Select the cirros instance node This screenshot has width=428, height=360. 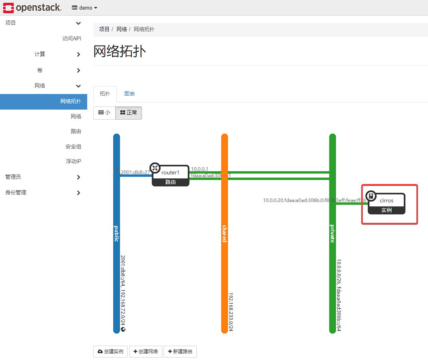point(386,204)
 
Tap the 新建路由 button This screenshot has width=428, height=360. point(180,352)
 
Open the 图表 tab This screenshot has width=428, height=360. point(130,94)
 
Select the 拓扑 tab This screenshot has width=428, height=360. point(105,94)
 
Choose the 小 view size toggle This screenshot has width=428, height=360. point(104,113)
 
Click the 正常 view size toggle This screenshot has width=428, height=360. point(128,113)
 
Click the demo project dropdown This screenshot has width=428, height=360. point(85,8)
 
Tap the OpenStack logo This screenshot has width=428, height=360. point(32,8)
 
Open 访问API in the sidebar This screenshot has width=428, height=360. point(72,39)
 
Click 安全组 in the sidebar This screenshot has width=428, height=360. point(73,147)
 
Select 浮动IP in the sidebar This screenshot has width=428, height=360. point(73,162)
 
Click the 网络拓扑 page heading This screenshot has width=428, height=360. point(120,52)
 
